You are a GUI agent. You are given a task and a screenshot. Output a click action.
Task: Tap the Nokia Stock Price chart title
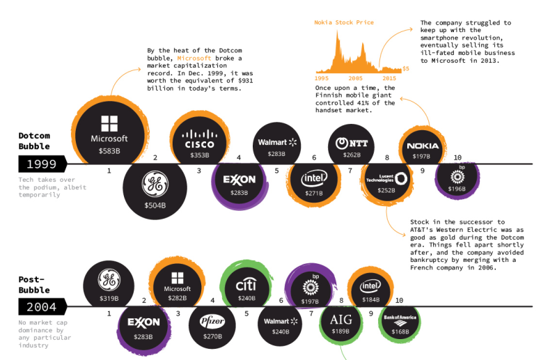click(x=344, y=23)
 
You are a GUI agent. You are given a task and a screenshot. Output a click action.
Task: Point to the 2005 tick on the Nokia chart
click(x=356, y=79)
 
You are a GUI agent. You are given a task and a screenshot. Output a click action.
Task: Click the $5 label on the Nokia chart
click(x=406, y=69)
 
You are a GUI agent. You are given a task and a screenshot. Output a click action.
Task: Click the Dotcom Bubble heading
click(x=34, y=141)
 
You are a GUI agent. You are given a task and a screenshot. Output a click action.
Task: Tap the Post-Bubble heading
click(x=34, y=284)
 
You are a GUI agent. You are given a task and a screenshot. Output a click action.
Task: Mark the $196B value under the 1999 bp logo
click(x=457, y=188)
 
